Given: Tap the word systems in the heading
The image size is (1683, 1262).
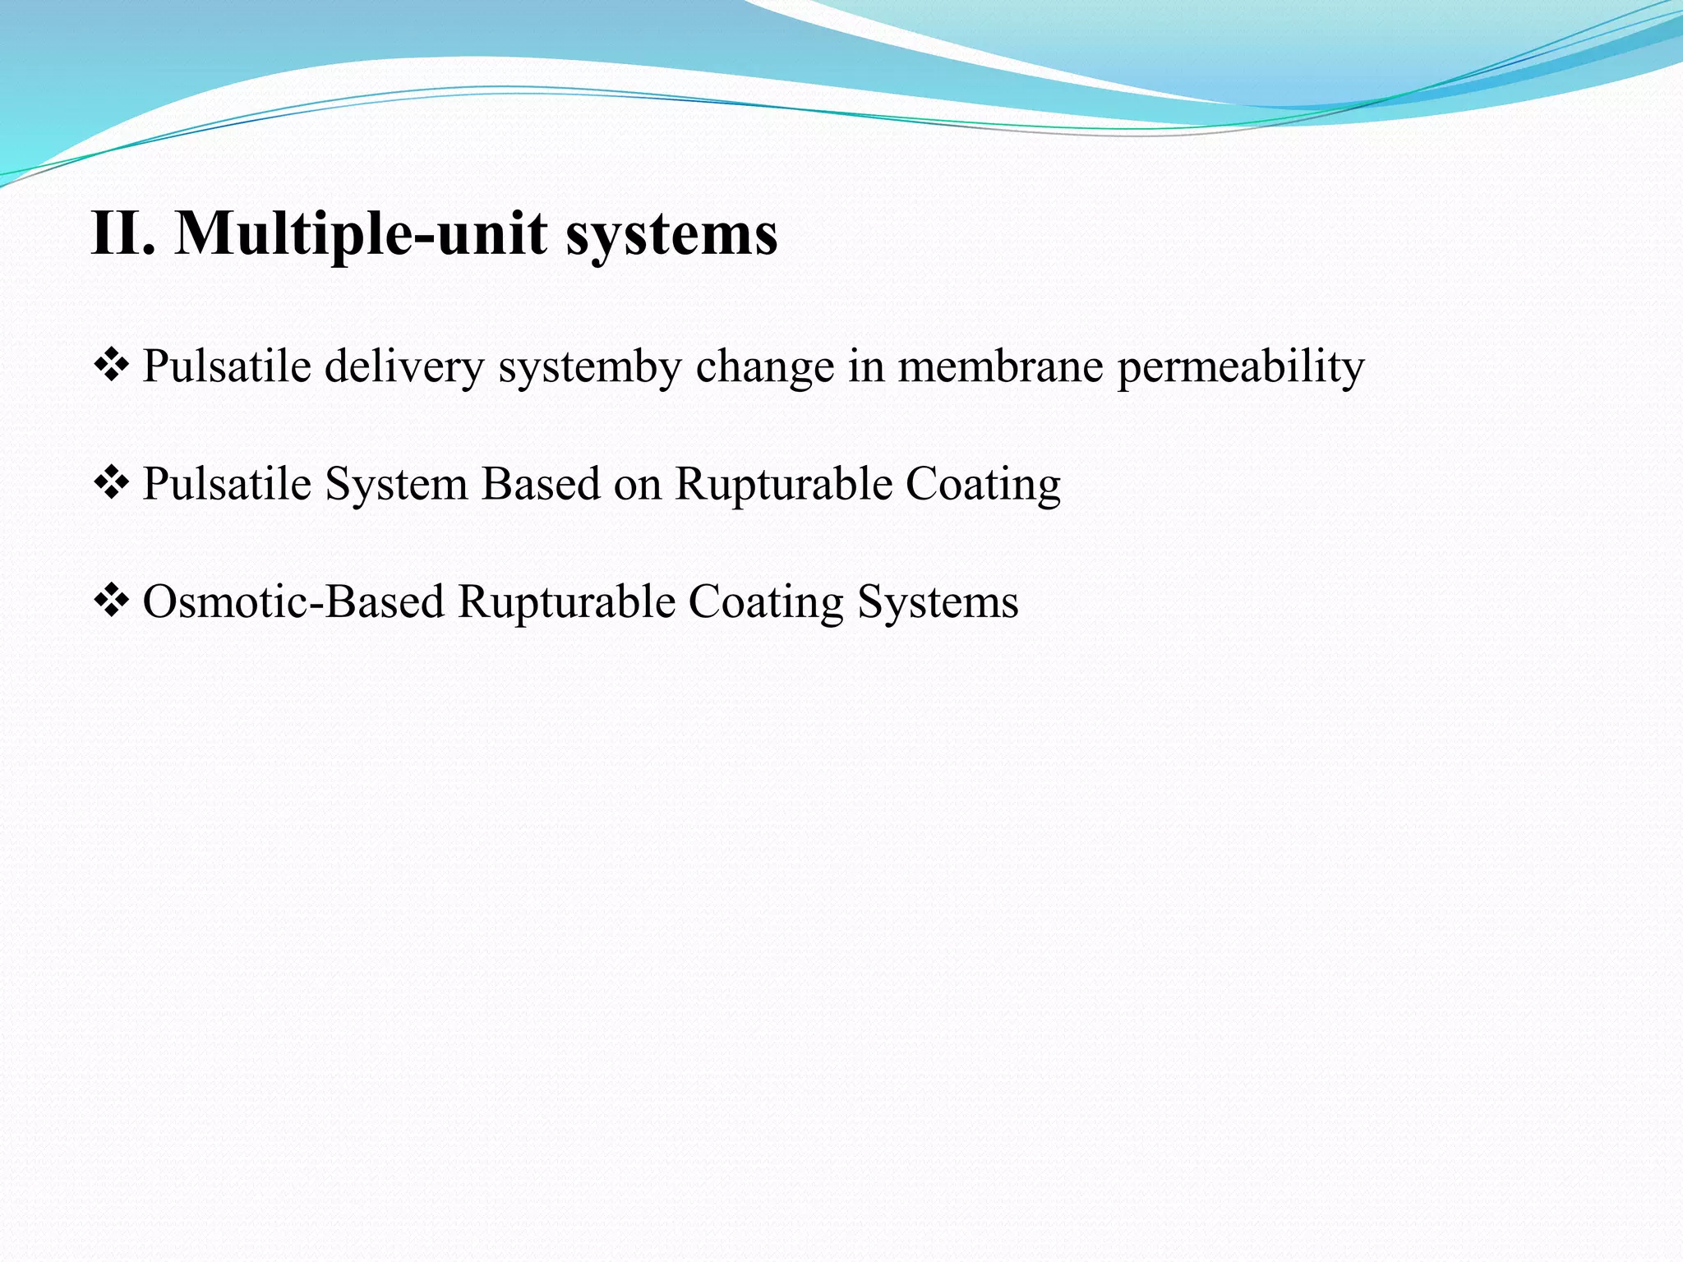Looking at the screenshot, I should (671, 234).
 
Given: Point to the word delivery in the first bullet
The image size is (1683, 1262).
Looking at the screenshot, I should (403, 366).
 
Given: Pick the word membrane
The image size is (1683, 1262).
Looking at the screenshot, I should (999, 366).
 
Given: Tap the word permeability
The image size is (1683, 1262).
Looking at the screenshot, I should (1240, 366).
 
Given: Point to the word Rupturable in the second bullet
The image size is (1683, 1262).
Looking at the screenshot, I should (783, 484).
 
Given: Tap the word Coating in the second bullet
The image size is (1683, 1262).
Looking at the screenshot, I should (983, 484).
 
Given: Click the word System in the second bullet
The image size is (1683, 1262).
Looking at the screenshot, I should (396, 484).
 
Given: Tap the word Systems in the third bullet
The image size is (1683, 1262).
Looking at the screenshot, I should (938, 602).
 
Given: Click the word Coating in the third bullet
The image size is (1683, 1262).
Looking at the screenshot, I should (766, 602).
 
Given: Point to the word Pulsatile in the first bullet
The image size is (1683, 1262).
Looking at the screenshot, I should (226, 366).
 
